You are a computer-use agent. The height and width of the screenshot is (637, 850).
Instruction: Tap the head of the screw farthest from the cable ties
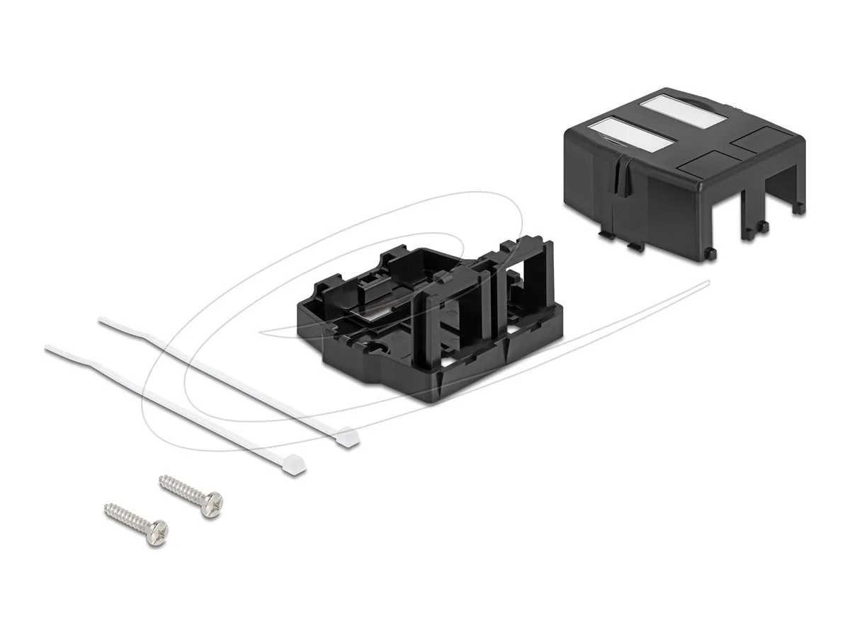(x=157, y=532)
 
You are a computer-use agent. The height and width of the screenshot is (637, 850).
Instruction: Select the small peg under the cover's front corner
(x=710, y=253)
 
